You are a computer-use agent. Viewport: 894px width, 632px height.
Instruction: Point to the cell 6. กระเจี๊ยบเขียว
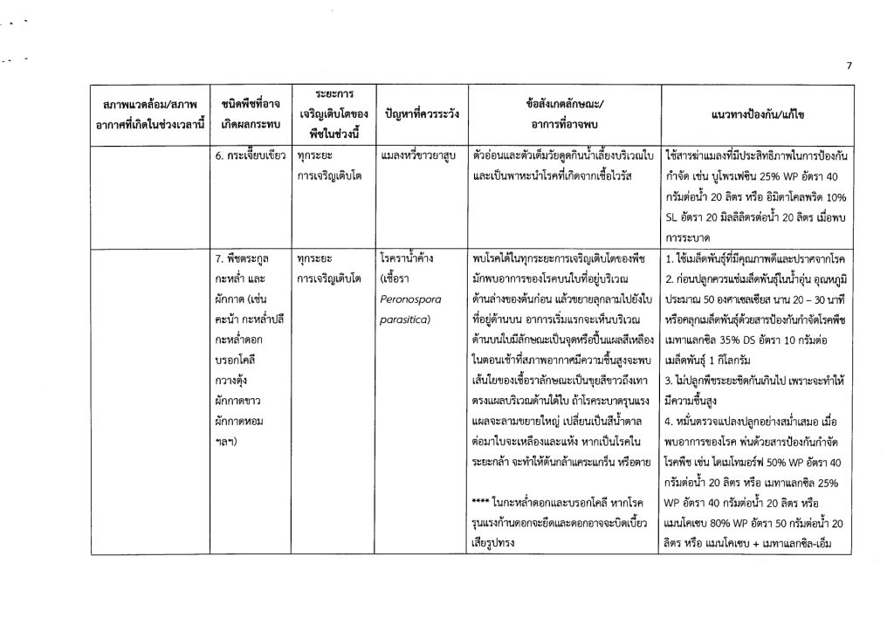click(250, 155)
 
